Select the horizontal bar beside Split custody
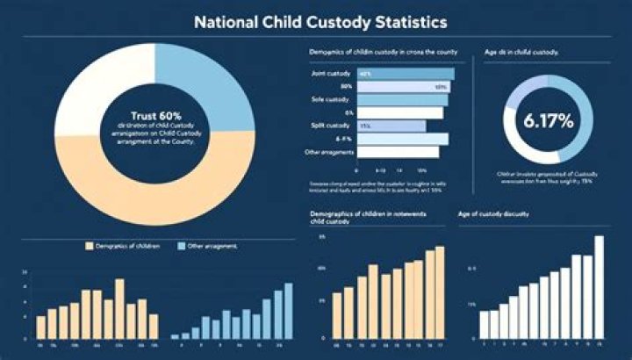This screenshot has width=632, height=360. pos(391,126)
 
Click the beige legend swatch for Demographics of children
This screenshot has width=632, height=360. pos(89,248)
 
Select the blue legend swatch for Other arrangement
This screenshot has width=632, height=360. pos(182,248)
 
